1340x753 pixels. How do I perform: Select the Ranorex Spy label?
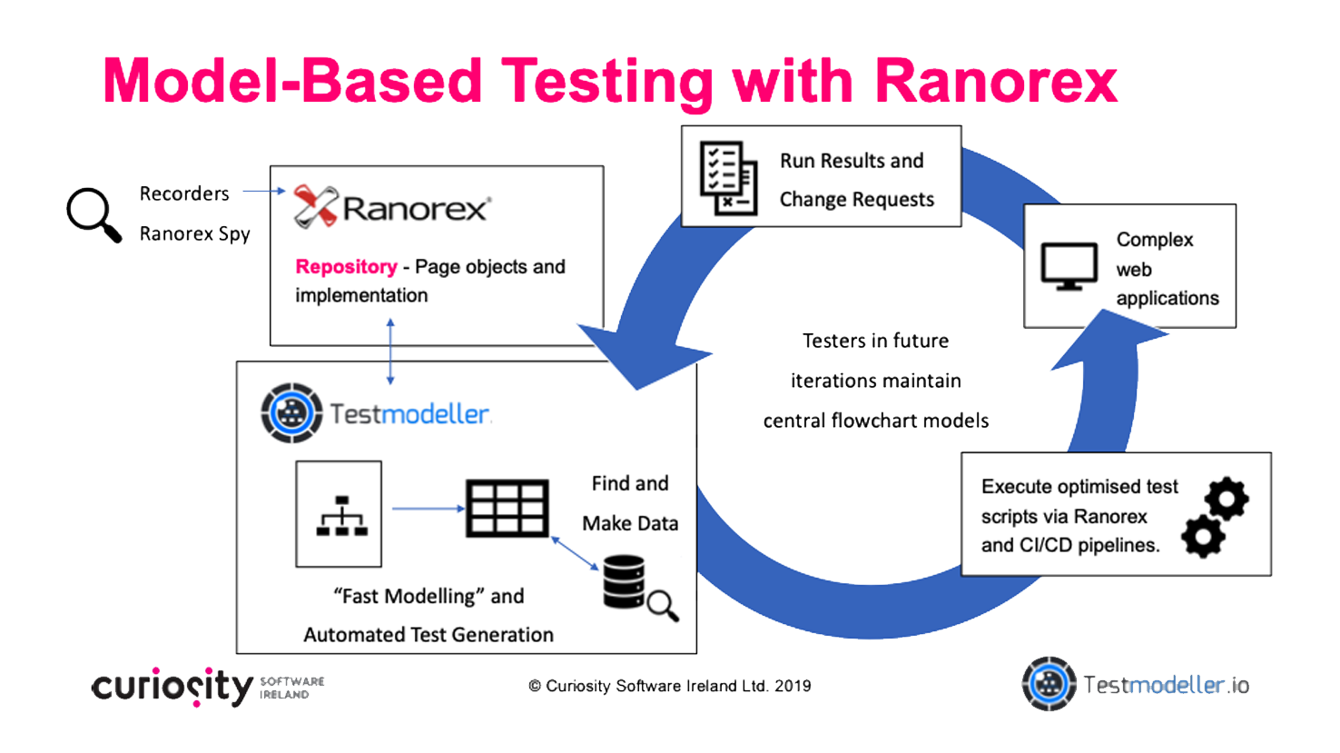194,233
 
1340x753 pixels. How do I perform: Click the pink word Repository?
346,267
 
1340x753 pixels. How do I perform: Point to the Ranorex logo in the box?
391,208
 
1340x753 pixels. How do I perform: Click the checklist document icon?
728,177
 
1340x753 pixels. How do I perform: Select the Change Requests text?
856,200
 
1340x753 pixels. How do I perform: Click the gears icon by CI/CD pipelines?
1215,517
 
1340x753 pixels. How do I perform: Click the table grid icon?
507,509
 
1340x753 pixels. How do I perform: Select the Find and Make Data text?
630,503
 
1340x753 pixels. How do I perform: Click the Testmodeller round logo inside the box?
291,413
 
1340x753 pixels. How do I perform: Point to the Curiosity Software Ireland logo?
207,687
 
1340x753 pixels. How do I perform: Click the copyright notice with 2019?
669,687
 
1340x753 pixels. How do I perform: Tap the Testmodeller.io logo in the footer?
1135,684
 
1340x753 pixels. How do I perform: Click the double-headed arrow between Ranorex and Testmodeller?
390,352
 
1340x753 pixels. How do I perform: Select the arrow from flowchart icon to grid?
428,509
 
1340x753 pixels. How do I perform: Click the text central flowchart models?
875,421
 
